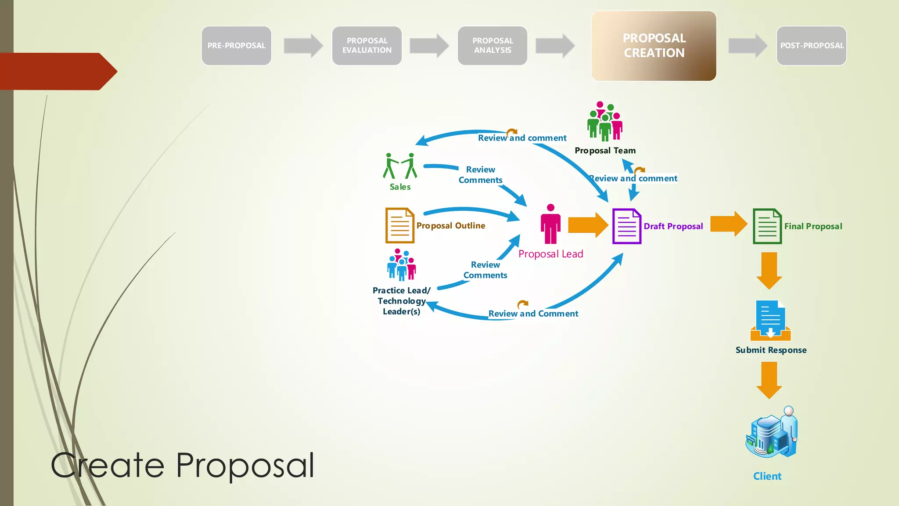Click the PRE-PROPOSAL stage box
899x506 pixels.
(x=236, y=46)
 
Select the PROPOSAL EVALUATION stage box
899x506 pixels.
(x=367, y=46)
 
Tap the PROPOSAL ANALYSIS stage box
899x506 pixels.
(x=493, y=46)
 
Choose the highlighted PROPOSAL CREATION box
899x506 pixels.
(x=654, y=46)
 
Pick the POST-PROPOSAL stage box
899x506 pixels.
(x=811, y=46)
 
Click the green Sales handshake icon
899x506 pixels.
(x=400, y=166)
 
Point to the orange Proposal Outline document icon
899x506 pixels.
(x=399, y=225)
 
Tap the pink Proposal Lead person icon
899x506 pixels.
(x=550, y=224)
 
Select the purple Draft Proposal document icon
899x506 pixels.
(x=626, y=226)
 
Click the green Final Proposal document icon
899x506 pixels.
(x=767, y=226)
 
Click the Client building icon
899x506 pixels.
(x=772, y=433)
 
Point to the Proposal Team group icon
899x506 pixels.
(x=605, y=121)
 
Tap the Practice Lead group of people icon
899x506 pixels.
(x=401, y=265)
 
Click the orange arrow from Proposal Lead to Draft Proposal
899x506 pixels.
(x=588, y=225)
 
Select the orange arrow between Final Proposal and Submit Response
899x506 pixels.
(x=769, y=270)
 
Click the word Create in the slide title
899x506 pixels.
(x=108, y=466)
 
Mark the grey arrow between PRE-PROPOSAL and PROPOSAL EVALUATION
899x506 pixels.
(x=303, y=46)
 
